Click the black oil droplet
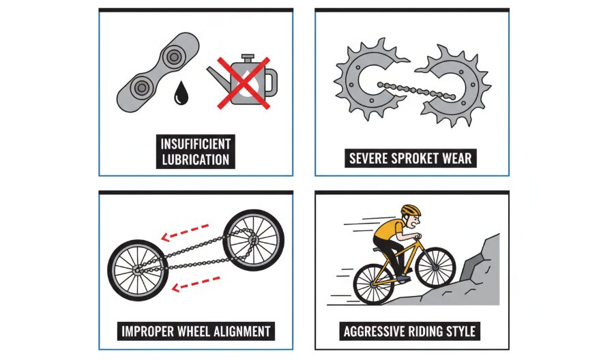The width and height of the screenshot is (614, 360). coord(181,93)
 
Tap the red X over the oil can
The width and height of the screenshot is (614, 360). coord(244,83)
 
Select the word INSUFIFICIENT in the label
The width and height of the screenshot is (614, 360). coord(195,144)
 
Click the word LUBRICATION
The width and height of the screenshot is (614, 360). coord(195,160)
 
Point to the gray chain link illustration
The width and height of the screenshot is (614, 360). coord(158,72)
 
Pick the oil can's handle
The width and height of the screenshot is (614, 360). coord(272,83)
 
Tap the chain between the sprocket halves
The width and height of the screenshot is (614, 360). coord(416,91)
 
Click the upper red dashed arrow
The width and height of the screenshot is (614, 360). coord(185,232)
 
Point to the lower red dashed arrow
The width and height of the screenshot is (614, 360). coord(196,284)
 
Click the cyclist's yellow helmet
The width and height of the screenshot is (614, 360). coord(411,210)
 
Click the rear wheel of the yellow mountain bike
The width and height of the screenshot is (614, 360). coord(375,284)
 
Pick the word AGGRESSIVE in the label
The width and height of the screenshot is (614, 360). coord(375,331)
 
